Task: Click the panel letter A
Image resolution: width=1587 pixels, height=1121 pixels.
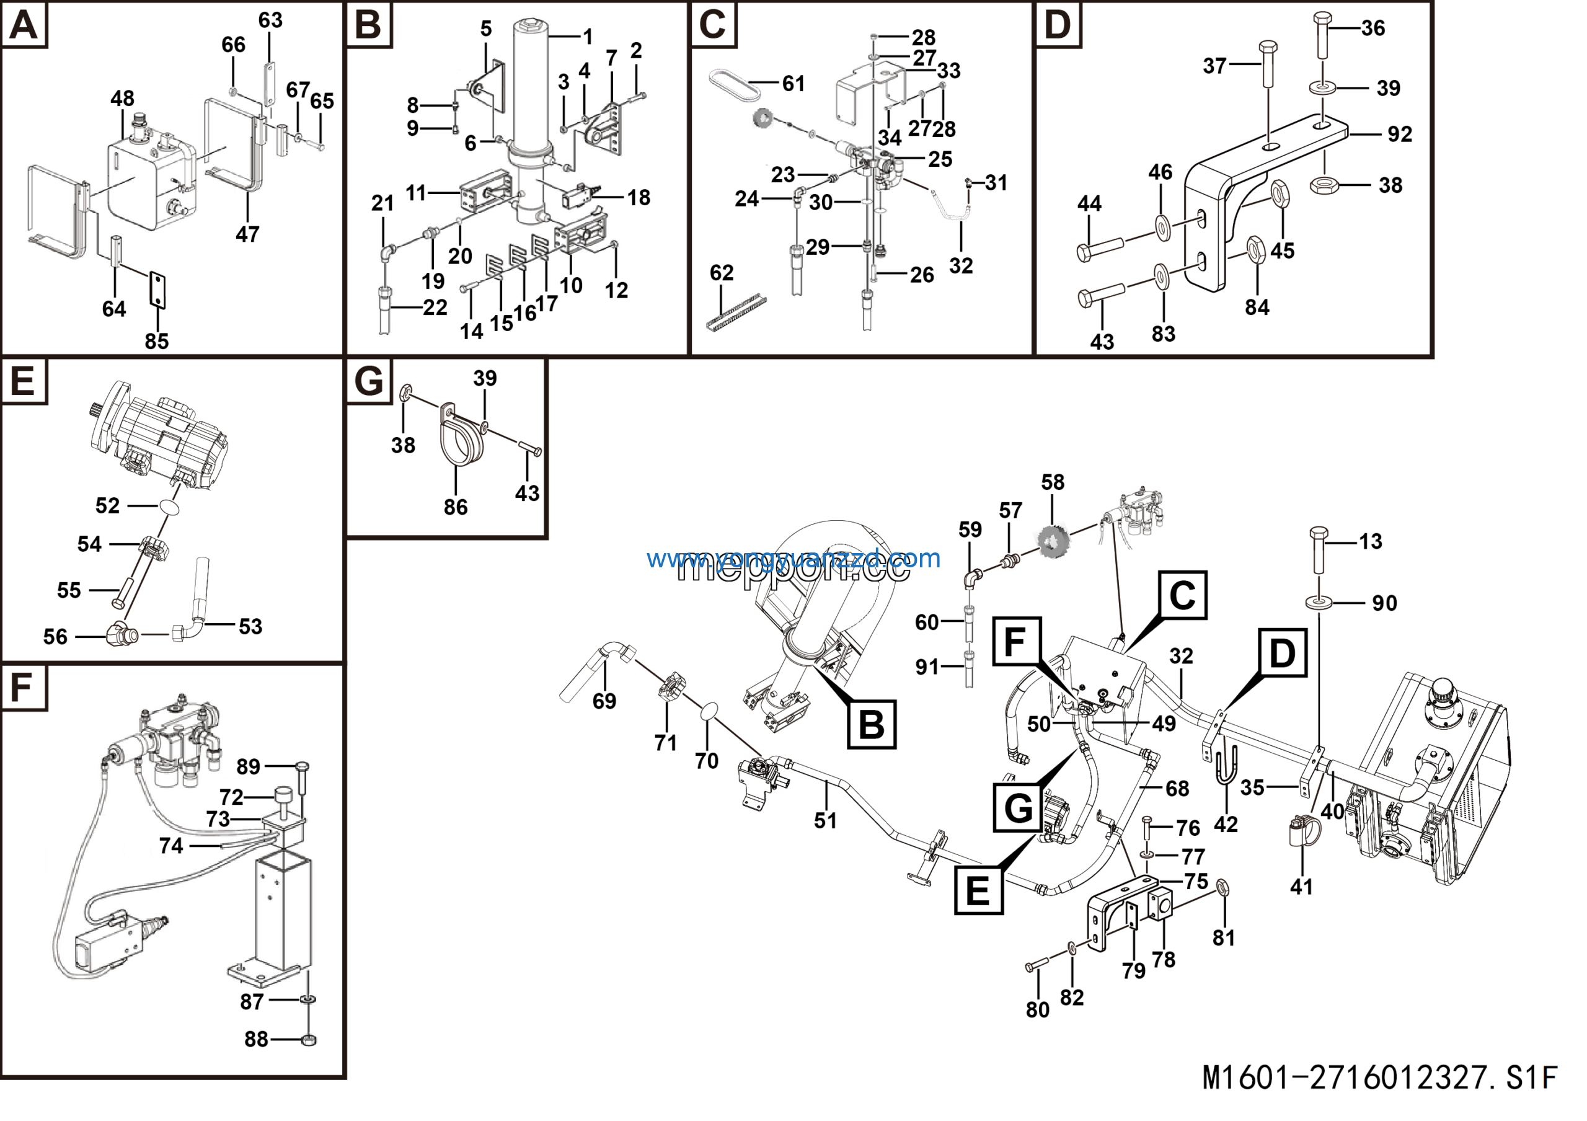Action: click(24, 25)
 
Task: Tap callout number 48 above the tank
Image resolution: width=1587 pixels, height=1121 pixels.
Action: click(122, 98)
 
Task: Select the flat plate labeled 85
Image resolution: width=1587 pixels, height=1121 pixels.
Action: click(157, 290)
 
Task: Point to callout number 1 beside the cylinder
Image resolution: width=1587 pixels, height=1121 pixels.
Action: click(588, 36)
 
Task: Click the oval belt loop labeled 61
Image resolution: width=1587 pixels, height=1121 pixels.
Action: click(734, 84)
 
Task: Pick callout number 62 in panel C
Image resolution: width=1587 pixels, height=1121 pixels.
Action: click(721, 272)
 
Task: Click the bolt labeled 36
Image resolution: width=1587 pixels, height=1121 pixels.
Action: click(1322, 35)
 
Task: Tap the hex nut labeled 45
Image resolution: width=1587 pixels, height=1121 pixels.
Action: click(1280, 194)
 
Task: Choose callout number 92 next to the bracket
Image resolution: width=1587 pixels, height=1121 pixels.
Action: click(1400, 134)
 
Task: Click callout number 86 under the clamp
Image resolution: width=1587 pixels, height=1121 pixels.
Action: click(456, 507)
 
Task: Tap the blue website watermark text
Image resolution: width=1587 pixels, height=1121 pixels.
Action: click(793, 559)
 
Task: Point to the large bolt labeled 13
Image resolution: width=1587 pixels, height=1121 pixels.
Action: click(1318, 550)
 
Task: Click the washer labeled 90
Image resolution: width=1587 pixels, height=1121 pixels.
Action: click(1320, 602)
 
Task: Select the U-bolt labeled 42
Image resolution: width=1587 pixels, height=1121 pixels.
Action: click(1225, 764)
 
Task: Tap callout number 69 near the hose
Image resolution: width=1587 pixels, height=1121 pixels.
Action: click(604, 701)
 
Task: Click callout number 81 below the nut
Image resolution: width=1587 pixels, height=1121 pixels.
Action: click(1224, 938)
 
